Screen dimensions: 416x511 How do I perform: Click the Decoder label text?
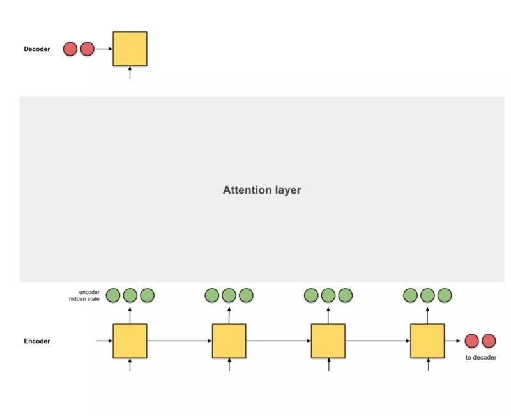(x=37, y=49)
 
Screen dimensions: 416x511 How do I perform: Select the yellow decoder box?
(x=130, y=49)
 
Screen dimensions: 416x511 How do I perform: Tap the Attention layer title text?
(x=261, y=190)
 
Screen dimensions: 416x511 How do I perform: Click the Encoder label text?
(x=37, y=341)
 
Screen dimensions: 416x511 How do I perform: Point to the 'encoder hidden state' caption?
(x=84, y=295)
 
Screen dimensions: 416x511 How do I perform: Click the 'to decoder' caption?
(x=480, y=357)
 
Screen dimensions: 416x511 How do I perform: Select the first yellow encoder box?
(x=130, y=341)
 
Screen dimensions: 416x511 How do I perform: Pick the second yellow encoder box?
(x=229, y=341)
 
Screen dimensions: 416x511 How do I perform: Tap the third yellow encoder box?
(x=328, y=341)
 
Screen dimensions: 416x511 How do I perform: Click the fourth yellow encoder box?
(x=427, y=341)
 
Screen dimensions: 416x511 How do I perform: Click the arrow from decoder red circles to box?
(x=104, y=49)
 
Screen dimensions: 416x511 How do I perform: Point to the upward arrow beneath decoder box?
(x=130, y=72)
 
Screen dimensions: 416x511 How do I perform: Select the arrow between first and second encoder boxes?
(x=179, y=341)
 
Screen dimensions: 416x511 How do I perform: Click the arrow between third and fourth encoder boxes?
(x=378, y=341)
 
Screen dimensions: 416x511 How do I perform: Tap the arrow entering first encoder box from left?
(x=104, y=341)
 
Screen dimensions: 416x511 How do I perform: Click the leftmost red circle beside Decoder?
(x=70, y=49)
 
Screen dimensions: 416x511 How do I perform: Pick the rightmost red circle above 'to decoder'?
(x=489, y=341)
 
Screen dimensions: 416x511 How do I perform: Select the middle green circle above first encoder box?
(x=130, y=295)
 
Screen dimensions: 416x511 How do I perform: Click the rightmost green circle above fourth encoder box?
(x=445, y=295)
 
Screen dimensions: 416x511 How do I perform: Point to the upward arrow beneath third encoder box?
(x=328, y=364)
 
